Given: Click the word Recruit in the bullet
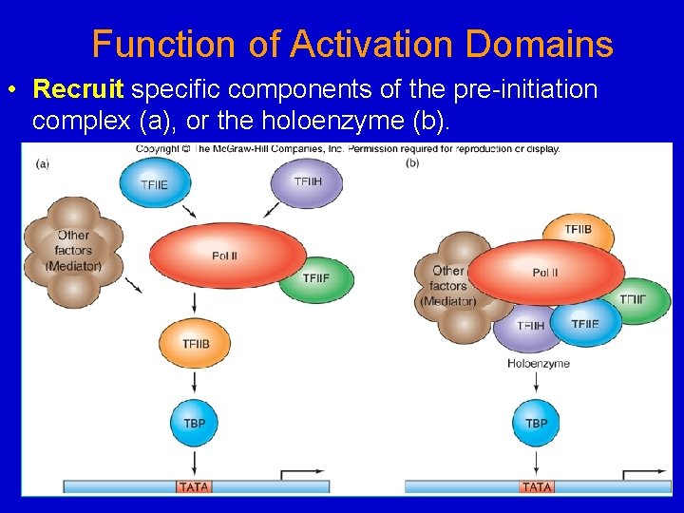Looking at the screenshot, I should coord(78,90).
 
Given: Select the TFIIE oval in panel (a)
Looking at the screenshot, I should coord(154,183).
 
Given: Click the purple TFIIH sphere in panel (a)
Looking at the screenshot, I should coord(307,181).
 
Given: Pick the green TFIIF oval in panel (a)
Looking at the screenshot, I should coord(317,278).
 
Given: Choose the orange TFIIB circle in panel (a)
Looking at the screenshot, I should coord(194,344).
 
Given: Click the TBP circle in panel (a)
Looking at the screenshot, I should coord(194,422).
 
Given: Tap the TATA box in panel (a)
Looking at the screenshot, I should coord(194,486).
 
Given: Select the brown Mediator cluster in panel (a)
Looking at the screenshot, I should coord(73,250).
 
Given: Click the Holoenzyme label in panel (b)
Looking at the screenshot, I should coord(538,364).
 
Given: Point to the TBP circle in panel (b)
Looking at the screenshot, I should coord(536,422).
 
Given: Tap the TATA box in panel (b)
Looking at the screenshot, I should coord(537,486).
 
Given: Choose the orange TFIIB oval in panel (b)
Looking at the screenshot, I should coord(578,231).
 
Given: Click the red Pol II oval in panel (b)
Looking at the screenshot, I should coord(545,273).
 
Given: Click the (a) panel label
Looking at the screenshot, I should coord(42,162).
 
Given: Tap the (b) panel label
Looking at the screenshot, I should coord(412,162).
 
